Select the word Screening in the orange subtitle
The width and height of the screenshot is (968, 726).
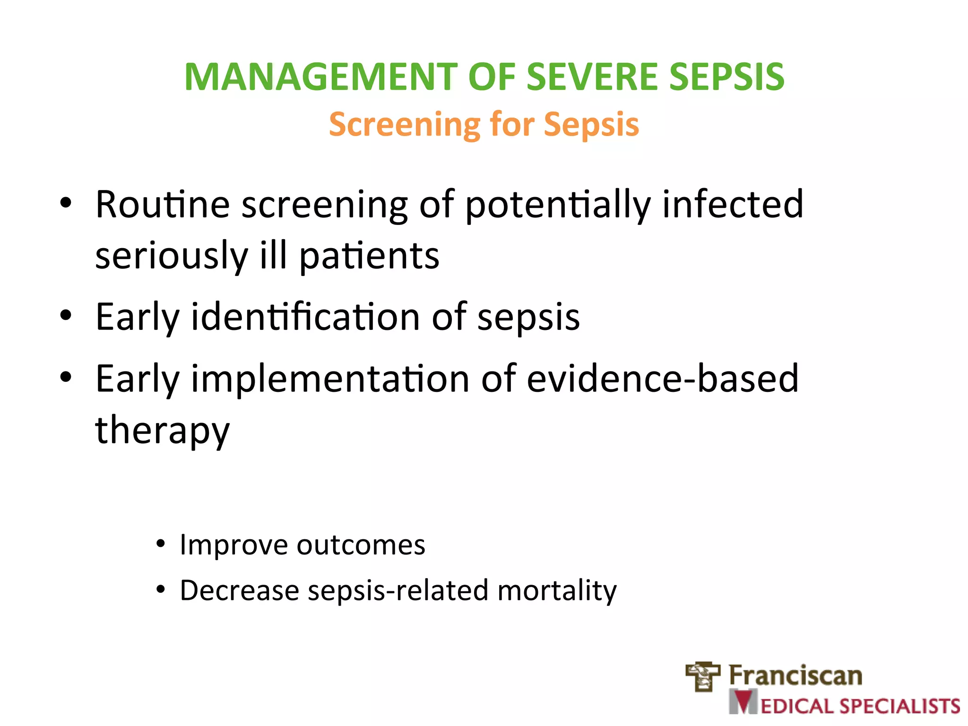(x=404, y=124)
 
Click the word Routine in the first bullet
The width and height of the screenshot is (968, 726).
(x=163, y=205)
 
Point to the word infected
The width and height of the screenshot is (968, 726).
(x=733, y=205)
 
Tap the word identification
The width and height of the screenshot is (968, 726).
(x=305, y=317)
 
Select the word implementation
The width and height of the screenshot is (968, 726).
(x=330, y=379)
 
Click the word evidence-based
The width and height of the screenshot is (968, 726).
(x=662, y=379)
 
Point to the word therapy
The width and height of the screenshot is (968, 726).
(x=162, y=431)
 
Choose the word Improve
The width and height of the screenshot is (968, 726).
(x=233, y=545)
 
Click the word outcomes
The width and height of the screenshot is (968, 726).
(x=361, y=545)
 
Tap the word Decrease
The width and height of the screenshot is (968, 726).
(x=240, y=590)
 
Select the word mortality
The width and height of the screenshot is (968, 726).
(x=557, y=590)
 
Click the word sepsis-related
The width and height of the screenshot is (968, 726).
(x=398, y=590)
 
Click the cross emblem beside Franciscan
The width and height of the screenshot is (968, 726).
(x=703, y=676)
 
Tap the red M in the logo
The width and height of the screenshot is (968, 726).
(x=744, y=702)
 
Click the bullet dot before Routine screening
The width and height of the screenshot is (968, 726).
(x=66, y=203)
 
